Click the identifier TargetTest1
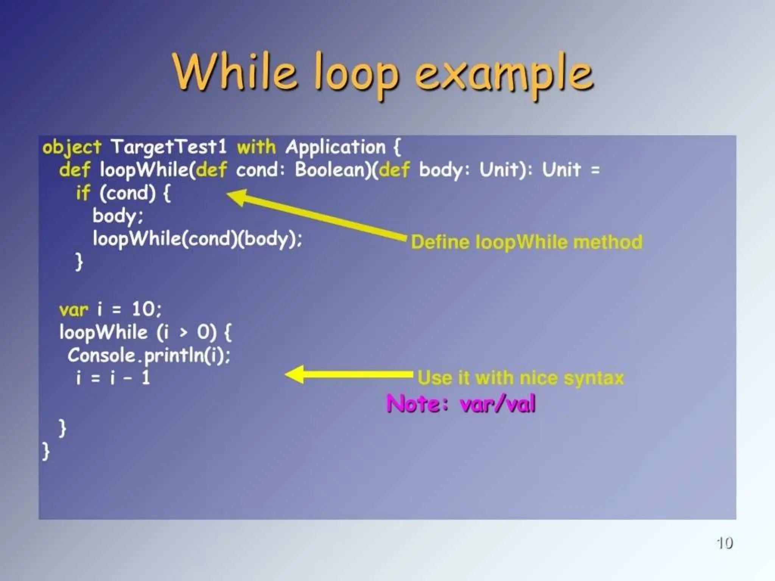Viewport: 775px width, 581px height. click(x=168, y=147)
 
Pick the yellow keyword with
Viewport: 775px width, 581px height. click(x=257, y=147)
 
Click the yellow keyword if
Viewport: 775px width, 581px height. click(x=83, y=193)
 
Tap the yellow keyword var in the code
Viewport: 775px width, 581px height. click(x=73, y=310)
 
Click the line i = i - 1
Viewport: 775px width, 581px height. click(x=113, y=378)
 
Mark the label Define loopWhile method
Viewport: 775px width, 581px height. click(x=526, y=242)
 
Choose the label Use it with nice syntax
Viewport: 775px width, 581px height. click(x=520, y=378)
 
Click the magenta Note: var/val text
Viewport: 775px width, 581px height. click(x=461, y=404)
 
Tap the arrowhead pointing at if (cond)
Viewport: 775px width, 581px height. click(x=237, y=197)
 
